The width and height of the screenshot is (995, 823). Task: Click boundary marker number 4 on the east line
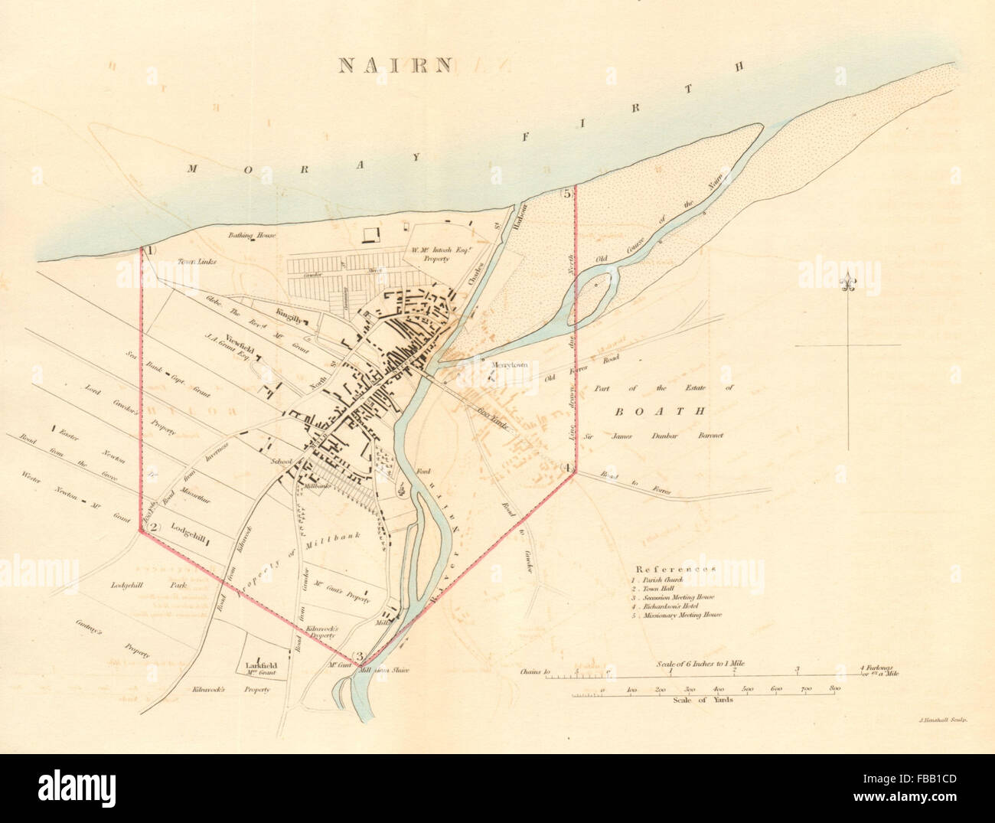567,468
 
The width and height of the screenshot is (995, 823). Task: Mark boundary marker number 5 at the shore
567,194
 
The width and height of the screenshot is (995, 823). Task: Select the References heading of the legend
674,570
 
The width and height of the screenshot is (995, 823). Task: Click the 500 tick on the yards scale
747,690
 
